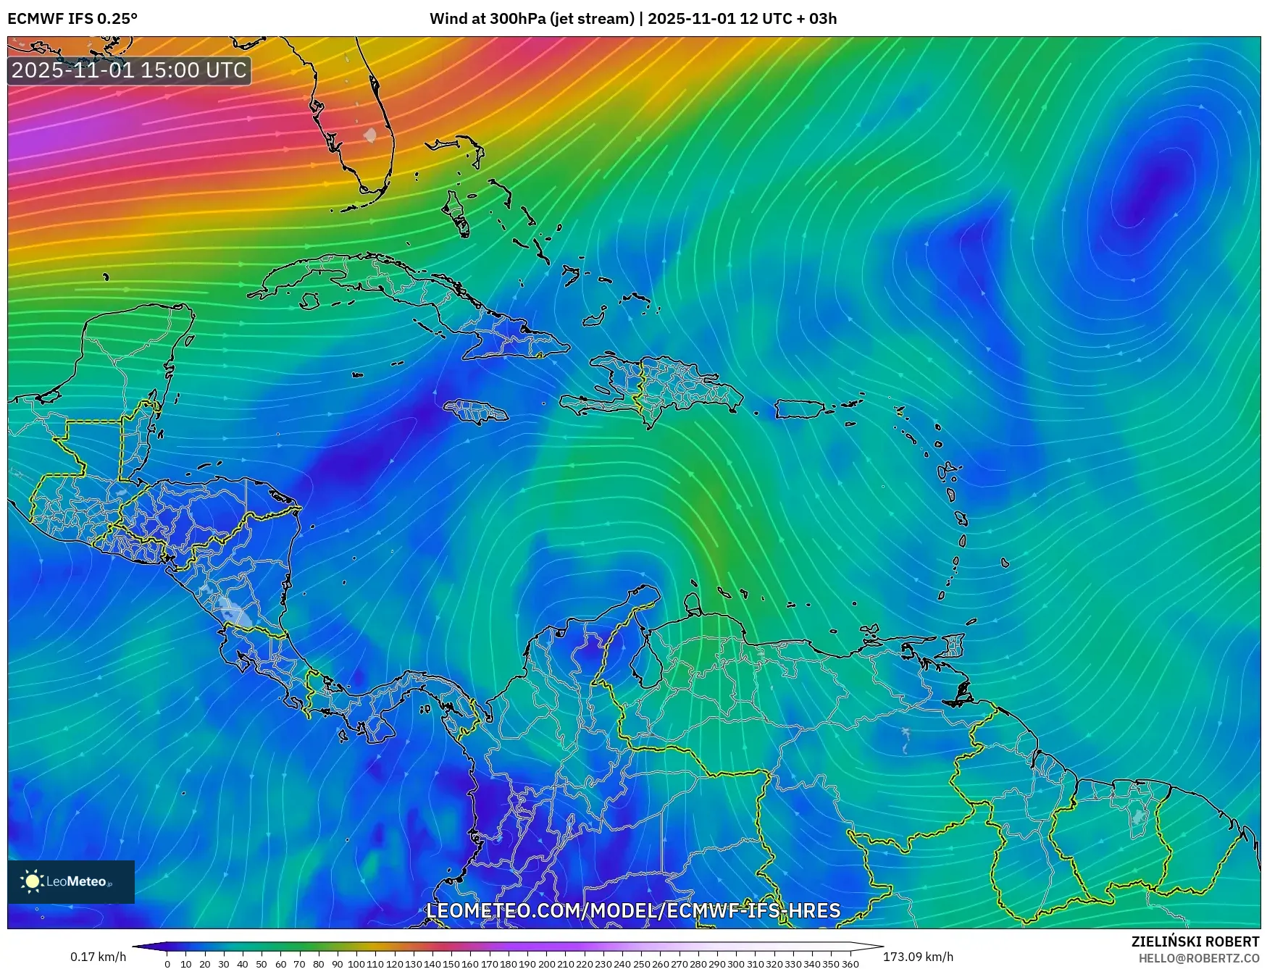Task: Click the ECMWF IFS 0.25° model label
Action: (x=72, y=18)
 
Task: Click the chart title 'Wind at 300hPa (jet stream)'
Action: (x=532, y=18)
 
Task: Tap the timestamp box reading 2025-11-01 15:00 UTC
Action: (x=129, y=70)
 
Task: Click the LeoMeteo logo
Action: (x=71, y=881)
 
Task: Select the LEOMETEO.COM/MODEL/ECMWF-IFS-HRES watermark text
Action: (x=633, y=910)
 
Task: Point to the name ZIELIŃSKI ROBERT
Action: (x=1195, y=941)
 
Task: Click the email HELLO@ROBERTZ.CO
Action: (x=1199, y=958)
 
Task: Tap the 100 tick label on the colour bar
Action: (x=356, y=964)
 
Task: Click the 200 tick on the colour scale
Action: (x=546, y=964)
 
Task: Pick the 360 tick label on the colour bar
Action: (x=850, y=964)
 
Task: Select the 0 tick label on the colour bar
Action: (x=167, y=964)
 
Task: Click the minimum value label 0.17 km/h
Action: (x=98, y=957)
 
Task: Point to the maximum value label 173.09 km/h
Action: (x=918, y=957)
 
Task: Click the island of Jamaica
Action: (x=476, y=413)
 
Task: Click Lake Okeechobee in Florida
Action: (x=370, y=135)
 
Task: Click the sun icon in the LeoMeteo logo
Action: (x=32, y=881)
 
